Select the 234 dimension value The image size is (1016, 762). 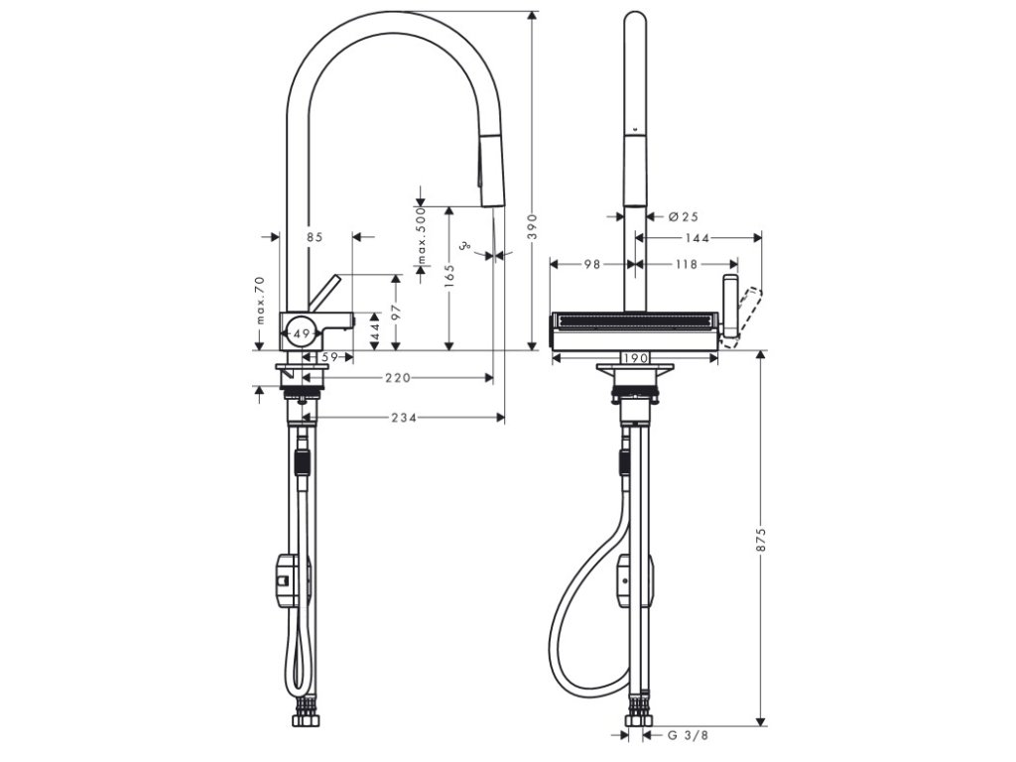point(403,418)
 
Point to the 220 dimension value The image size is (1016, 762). point(399,378)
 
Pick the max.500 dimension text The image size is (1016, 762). point(421,235)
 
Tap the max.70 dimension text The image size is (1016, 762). point(259,301)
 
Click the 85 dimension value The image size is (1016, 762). point(316,237)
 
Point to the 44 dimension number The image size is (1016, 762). point(374,329)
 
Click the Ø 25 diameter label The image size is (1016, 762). point(685,215)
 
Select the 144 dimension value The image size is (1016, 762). point(698,238)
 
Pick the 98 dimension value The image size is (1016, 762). point(592,264)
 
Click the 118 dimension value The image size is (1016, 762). point(686,264)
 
